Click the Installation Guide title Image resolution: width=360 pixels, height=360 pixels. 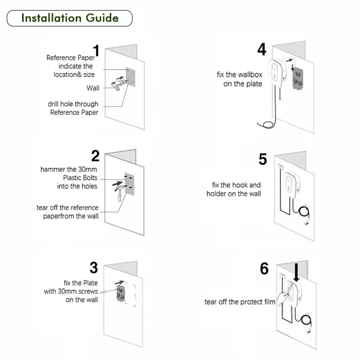[x=69, y=18]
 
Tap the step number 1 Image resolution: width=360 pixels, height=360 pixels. [x=96, y=51]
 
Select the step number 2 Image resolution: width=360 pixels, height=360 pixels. [x=96, y=156]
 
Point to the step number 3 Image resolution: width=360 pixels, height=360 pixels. [x=94, y=267]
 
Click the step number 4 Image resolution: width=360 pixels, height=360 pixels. [x=262, y=49]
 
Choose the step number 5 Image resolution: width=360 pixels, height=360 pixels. [x=263, y=159]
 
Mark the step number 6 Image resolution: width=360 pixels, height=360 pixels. [x=264, y=269]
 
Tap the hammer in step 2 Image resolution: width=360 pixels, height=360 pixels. [x=118, y=193]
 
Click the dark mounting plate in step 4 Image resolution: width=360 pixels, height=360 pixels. [x=299, y=79]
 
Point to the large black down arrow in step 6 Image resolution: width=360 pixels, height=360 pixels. [x=297, y=271]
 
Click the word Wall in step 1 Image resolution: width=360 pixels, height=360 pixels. [x=93, y=88]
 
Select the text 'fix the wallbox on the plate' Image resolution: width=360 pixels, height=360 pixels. [x=239, y=79]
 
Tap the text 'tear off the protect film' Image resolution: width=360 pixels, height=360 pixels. [x=240, y=302]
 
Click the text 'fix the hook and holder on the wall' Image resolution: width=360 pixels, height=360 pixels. [x=234, y=189]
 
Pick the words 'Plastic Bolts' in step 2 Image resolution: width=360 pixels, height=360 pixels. [x=77, y=178]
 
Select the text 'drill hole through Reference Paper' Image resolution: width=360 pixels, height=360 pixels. [x=73, y=108]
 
